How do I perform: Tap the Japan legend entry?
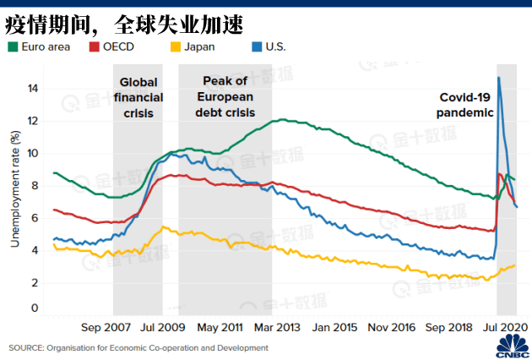[x=199, y=46]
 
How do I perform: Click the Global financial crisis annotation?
[x=138, y=97]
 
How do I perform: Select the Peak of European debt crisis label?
[x=225, y=96]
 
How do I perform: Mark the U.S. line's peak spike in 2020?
[x=499, y=78]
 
